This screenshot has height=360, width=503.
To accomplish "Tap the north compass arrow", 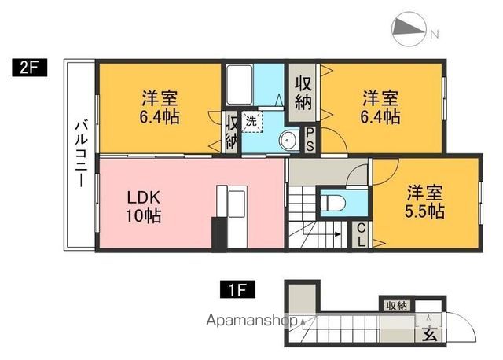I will click(x=409, y=29).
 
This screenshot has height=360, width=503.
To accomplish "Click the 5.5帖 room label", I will click(x=424, y=202).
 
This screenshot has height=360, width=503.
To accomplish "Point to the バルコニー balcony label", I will click(x=80, y=152).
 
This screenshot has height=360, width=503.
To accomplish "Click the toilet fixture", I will click(x=332, y=201).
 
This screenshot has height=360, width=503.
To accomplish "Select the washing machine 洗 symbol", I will click(x=251, y=122).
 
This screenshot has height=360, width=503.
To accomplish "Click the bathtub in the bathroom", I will click(x=241, y=83).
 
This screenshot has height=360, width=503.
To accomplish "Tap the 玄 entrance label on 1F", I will click(x=431, y=334).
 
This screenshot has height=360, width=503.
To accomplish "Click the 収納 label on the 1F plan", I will click(x=396, y=306).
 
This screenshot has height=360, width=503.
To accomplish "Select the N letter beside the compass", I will click(x=434, y=33).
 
